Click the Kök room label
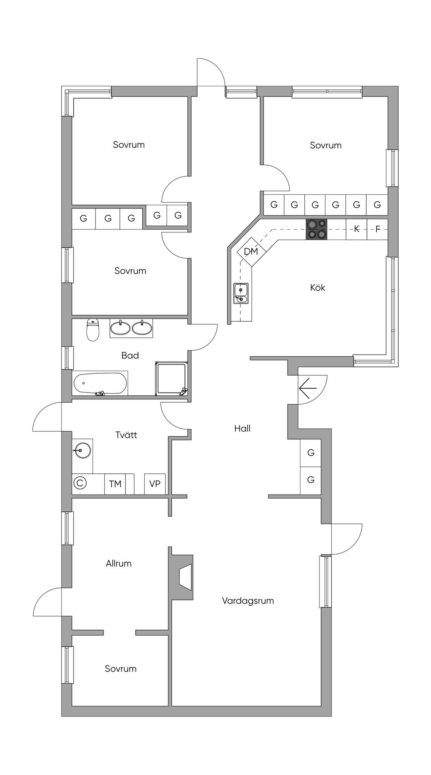(x=317, y=288)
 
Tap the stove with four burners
(x=317, y=230)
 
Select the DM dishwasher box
(x=251, y=251)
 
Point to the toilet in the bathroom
(x=93, y=330)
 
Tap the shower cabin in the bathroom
(x=171, y=378)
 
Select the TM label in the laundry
(x=115, y=484)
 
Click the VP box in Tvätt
(x=155, y=484)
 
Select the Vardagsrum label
(x=248, y=601)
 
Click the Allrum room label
(x=119, y=564)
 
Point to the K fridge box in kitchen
(x=357, y=230)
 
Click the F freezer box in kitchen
(x=378, y=230)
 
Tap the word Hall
(x=242, y=428)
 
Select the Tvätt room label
(x=126, y=435)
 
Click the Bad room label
(x=130, y=355)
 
